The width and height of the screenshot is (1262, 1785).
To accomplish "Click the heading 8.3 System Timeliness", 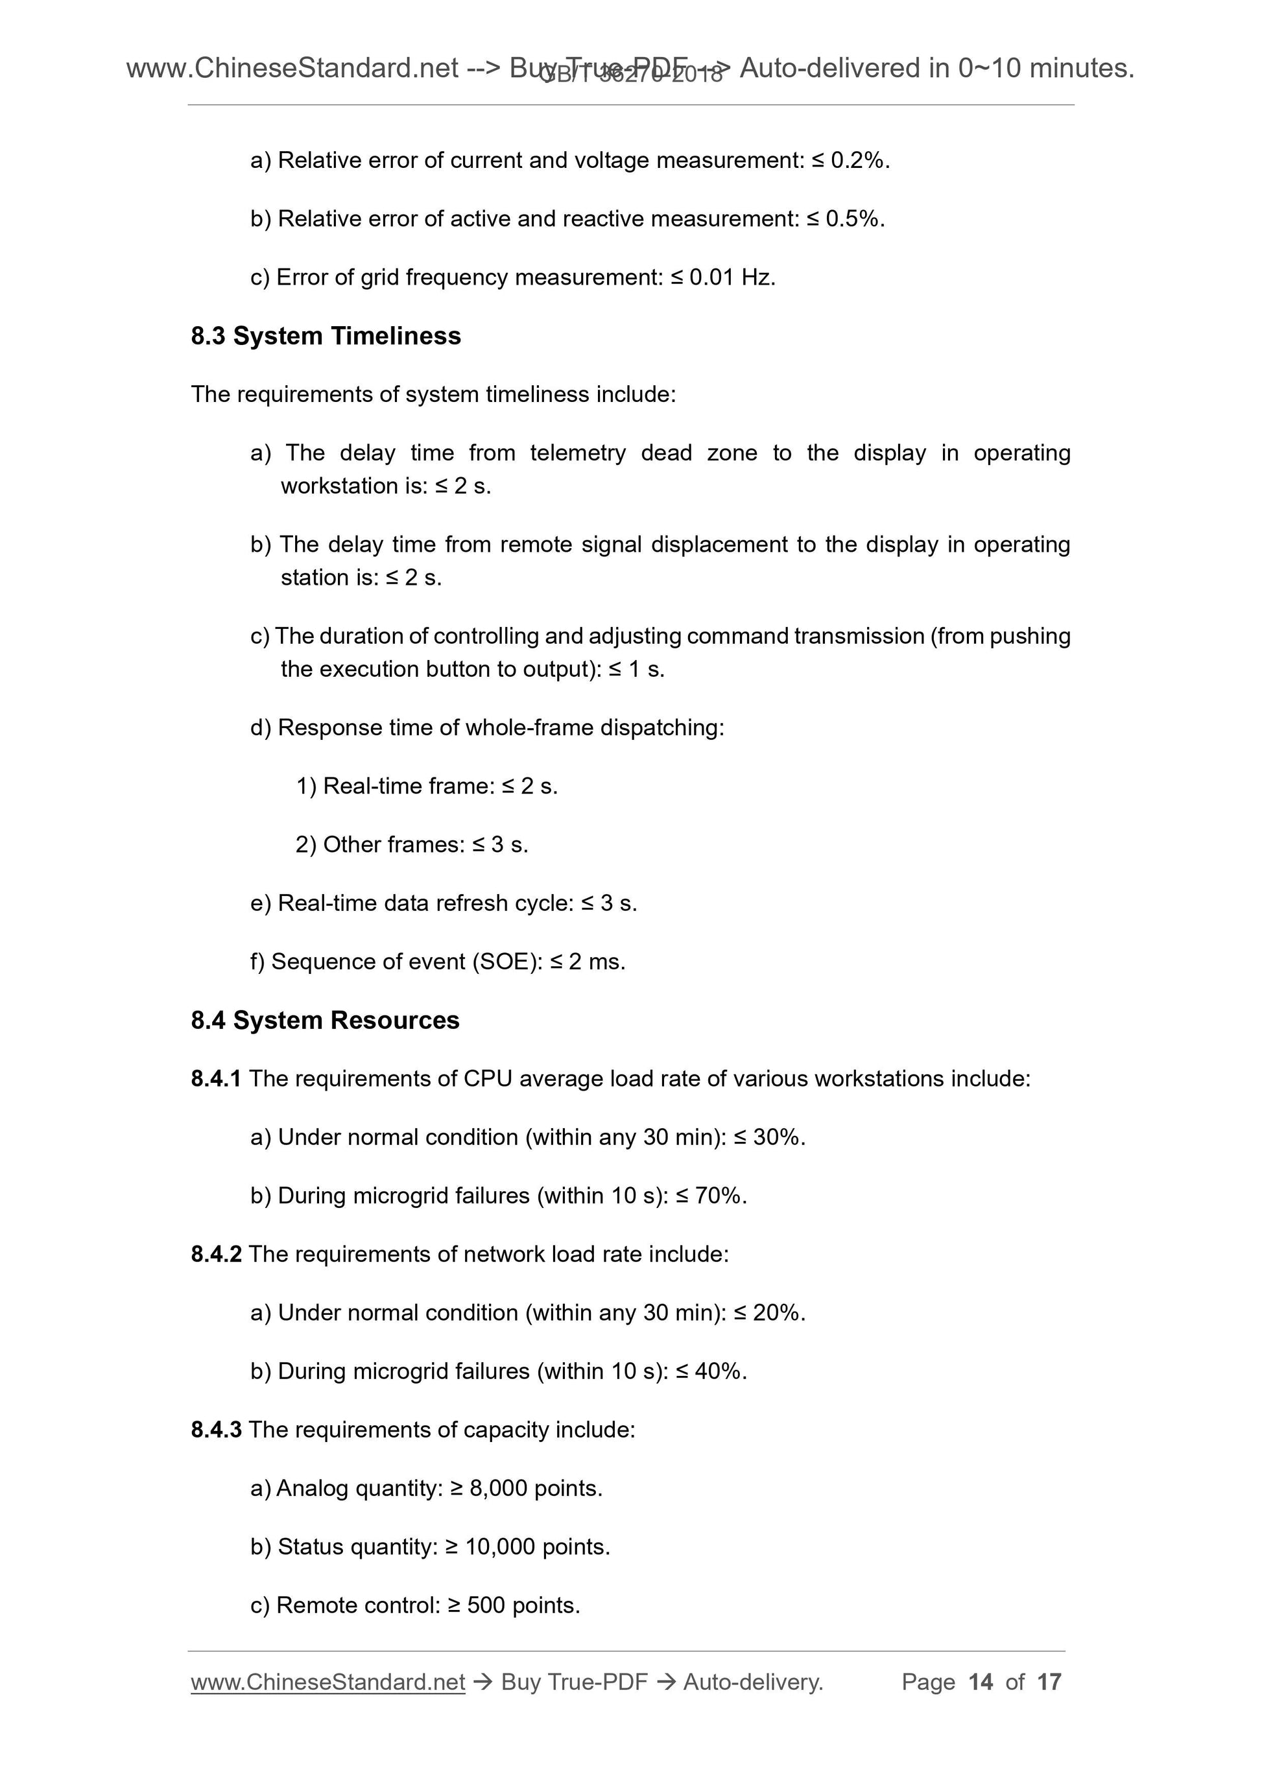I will [x=326, y=336].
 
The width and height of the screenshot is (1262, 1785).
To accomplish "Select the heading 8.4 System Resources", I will [x=325, y=1020].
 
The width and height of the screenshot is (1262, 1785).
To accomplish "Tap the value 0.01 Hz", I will [x=731, y=278].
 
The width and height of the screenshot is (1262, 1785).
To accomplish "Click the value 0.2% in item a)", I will [x=858, y=161].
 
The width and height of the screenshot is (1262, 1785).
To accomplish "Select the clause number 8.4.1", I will [x=216, y=1079].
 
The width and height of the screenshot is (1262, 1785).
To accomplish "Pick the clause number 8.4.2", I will [x=216, y=1254].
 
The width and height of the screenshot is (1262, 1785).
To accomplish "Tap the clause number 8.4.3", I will [x=216, y=1430].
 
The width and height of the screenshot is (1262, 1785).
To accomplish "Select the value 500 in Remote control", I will [x=486, y=1605].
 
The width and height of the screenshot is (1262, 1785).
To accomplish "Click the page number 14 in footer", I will [x=981, y=1683].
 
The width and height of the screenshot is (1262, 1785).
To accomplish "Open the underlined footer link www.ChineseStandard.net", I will [x=327, y=1683].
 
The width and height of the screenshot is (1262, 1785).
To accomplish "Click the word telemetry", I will [x=577, y=453].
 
